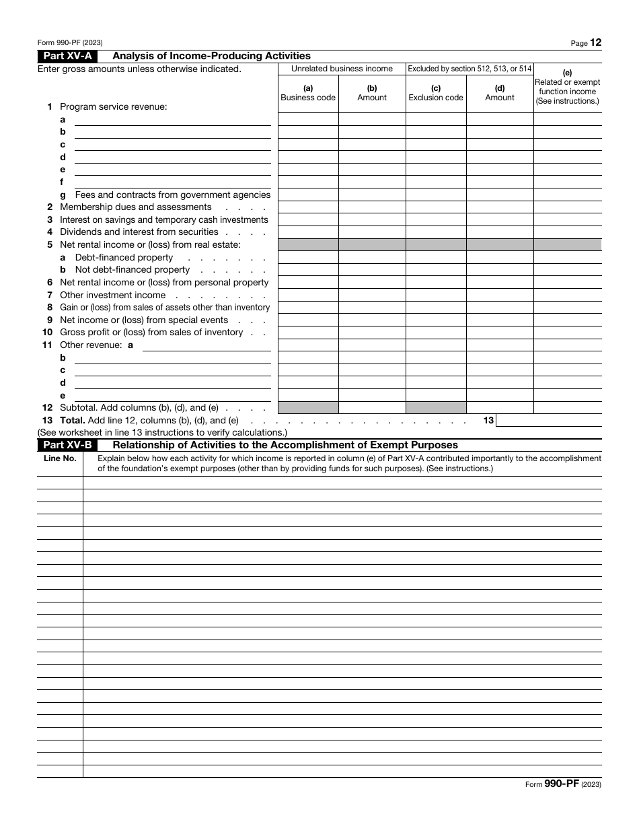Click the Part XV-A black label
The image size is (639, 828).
68,57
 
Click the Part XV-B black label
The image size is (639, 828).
68,445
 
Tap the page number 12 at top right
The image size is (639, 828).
596,42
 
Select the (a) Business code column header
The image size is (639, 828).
308,93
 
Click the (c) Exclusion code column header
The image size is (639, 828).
436,93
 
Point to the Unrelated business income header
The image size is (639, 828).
342,69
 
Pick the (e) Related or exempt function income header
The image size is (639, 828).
567,88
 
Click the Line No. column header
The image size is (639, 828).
60,458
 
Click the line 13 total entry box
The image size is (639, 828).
548,420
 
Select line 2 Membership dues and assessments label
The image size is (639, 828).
136,207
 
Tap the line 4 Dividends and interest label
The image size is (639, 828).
139,232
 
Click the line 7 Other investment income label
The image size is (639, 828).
112,296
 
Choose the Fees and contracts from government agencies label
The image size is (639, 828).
172,195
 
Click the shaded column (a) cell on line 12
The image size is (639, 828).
308,407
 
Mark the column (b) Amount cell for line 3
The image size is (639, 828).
372,219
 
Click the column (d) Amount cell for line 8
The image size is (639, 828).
500,308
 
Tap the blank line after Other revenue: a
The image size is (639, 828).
206,346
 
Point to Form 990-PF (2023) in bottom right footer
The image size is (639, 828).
564,785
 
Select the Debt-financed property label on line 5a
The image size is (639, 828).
124,258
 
